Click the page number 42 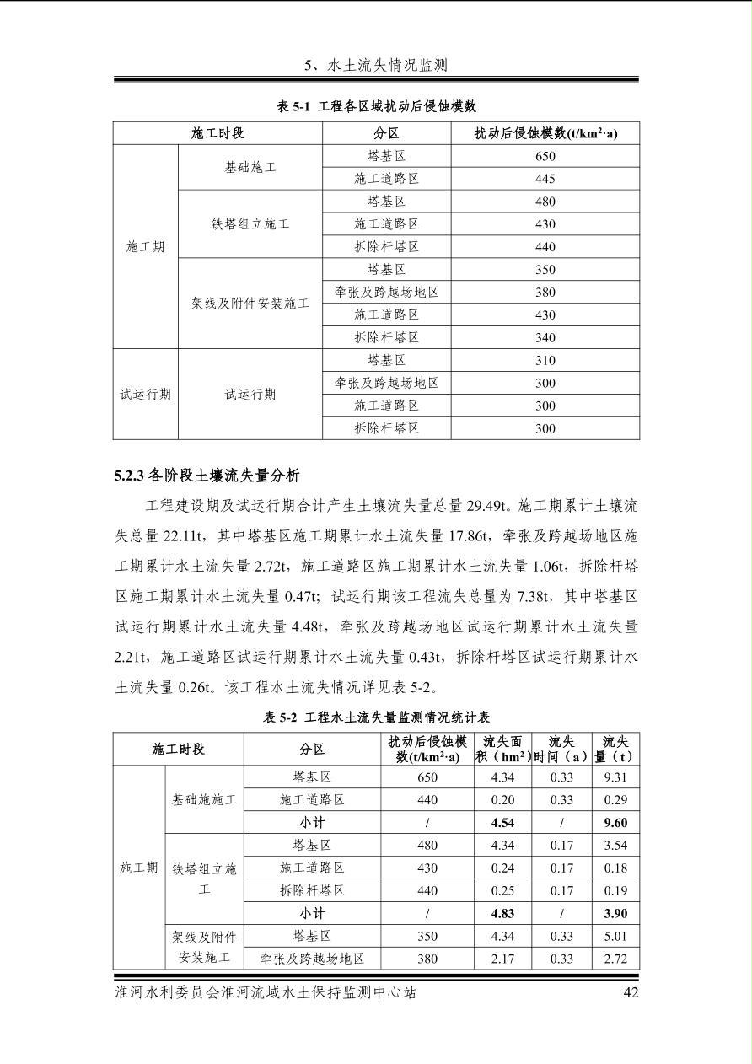tap(631, 992)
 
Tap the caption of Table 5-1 tap(376, 106)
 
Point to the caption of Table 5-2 tap(376, 717)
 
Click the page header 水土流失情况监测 tap(375, 65)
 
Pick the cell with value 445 tap(545, 179)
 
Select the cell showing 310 tap(545, 360)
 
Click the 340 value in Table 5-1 tap(545, 337)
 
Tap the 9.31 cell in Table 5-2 tap(615, 777)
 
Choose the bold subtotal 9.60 tap(615, 823)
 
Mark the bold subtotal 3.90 tap(615, 913)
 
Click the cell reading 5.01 tap(615, 936)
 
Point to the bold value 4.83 tap(502, 913)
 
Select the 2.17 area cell tap(502, 959)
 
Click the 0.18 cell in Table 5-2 tap(615, 868)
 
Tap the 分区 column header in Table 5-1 tap(386, 133)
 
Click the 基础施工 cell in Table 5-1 tap(250, 167)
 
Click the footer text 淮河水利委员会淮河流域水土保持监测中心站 tap(266, 992)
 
